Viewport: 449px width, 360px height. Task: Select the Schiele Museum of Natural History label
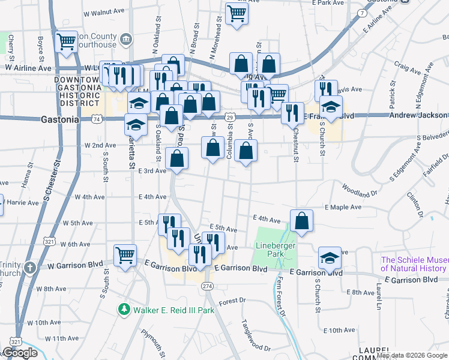(415, 264)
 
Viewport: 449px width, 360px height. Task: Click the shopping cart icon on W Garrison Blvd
(125, 255)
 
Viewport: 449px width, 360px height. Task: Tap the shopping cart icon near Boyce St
(66, 41)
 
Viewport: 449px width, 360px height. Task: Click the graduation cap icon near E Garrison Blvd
(330, 257)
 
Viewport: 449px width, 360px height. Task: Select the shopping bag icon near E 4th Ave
(301, 220)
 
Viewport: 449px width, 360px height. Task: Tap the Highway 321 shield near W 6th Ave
(49, 242)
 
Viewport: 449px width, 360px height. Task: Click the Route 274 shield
(207, 286)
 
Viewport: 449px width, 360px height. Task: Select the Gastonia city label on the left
(59, 119)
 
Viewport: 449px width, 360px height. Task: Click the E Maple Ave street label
(343, 207)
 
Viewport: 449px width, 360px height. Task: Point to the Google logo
(20, 353)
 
